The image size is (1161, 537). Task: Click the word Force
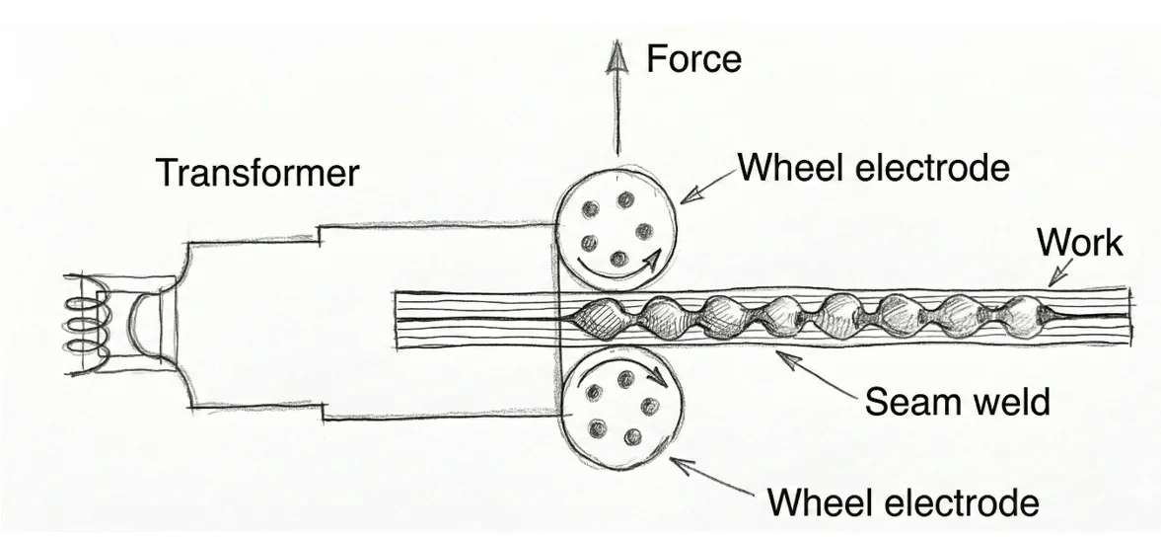(693, 59)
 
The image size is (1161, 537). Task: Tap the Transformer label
(257, 174)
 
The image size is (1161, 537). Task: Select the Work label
(1079, 242)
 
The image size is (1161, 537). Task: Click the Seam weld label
(958, 402)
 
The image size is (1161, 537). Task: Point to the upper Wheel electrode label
(874, 168)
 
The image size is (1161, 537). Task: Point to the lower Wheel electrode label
(903, 502)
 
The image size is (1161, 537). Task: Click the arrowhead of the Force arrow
(617, 58)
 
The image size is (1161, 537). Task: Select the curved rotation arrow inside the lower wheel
(635, 366)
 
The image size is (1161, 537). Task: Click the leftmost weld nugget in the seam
(602, 319)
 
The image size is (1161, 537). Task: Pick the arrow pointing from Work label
(1060, 271)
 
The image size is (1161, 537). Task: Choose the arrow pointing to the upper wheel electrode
(708, 186)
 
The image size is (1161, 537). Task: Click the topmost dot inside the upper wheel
(626, 199)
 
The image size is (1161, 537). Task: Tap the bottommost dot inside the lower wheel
(632, 437)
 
